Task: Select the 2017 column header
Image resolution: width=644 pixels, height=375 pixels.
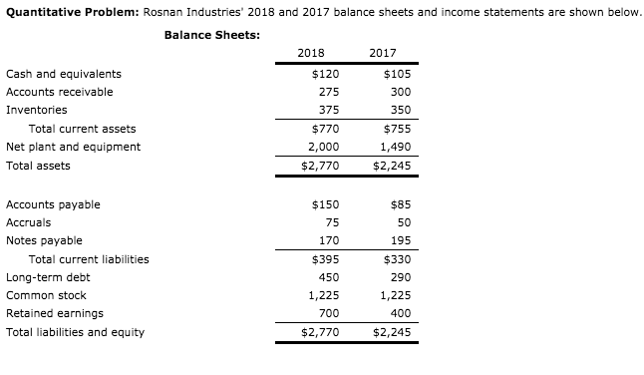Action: coord(383,53)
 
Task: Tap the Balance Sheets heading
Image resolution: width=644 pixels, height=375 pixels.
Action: coord(212,35)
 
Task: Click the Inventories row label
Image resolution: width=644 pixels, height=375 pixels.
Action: coord(37,110)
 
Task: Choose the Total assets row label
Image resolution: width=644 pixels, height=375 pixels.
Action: coord(38,166)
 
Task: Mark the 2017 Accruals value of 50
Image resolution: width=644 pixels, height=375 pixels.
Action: coord(403,222)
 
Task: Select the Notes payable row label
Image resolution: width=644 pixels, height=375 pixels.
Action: coord(44,240)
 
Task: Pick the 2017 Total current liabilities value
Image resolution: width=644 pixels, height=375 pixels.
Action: coord(397,259)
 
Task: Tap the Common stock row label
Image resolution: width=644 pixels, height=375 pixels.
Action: coord(46,295)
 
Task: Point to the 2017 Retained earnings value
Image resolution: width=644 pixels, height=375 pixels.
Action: coord(400,313)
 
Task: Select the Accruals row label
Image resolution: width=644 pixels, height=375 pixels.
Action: coord(28,222)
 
